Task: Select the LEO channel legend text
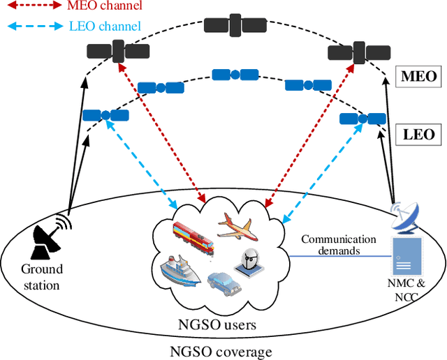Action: [106, 27]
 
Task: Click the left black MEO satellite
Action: [117, 51]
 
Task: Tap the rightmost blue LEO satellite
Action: [362, 119]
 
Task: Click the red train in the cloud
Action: [192, 234]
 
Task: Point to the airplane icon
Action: [240, 227]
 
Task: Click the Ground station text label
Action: [41, 276]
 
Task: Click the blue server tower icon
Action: [406, 255]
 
